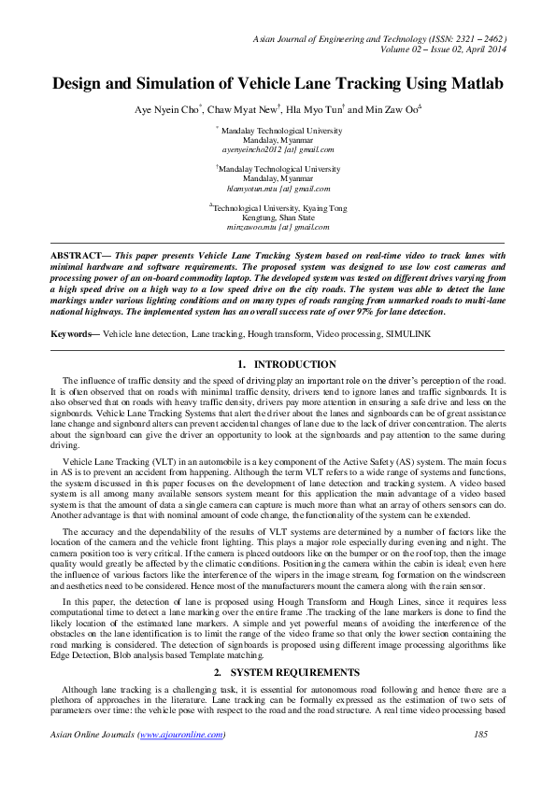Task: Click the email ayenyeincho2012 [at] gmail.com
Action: (x=278, y=149)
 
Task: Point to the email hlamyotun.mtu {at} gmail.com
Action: (x=278, y=188)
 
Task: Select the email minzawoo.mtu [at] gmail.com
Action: (x=278, y=227)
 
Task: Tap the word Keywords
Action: (x=71, y=333)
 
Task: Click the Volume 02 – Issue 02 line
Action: (x=438, y=52)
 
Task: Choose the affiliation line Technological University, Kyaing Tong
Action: (x=279, y=208)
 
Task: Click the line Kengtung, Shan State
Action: (x=278, y=218)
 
